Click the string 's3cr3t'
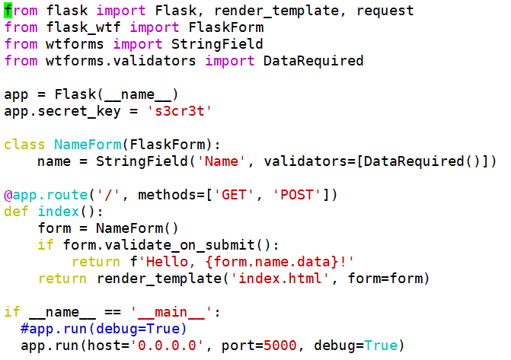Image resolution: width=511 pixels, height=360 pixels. pos(184,111)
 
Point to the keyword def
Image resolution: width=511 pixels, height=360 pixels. pos(16,212)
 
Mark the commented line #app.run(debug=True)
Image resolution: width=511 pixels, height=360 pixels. pos(104,329)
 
